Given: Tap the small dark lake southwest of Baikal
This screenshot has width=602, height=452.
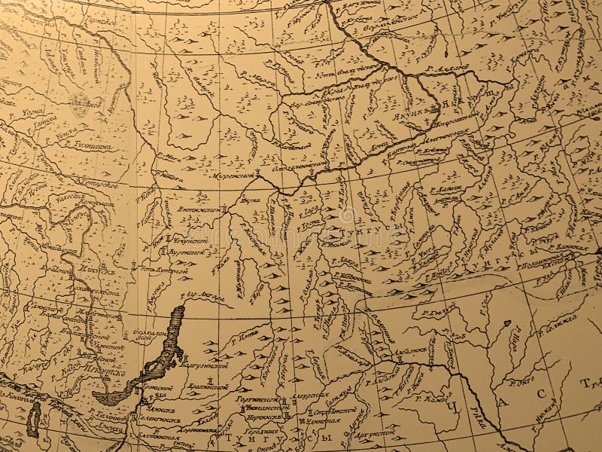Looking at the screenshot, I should click(33, 419).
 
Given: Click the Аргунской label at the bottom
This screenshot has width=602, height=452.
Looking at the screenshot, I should click(372, 434).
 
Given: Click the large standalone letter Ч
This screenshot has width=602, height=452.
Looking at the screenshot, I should click(452, 408).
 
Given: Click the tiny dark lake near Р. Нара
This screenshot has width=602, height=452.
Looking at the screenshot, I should click(507, 324).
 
